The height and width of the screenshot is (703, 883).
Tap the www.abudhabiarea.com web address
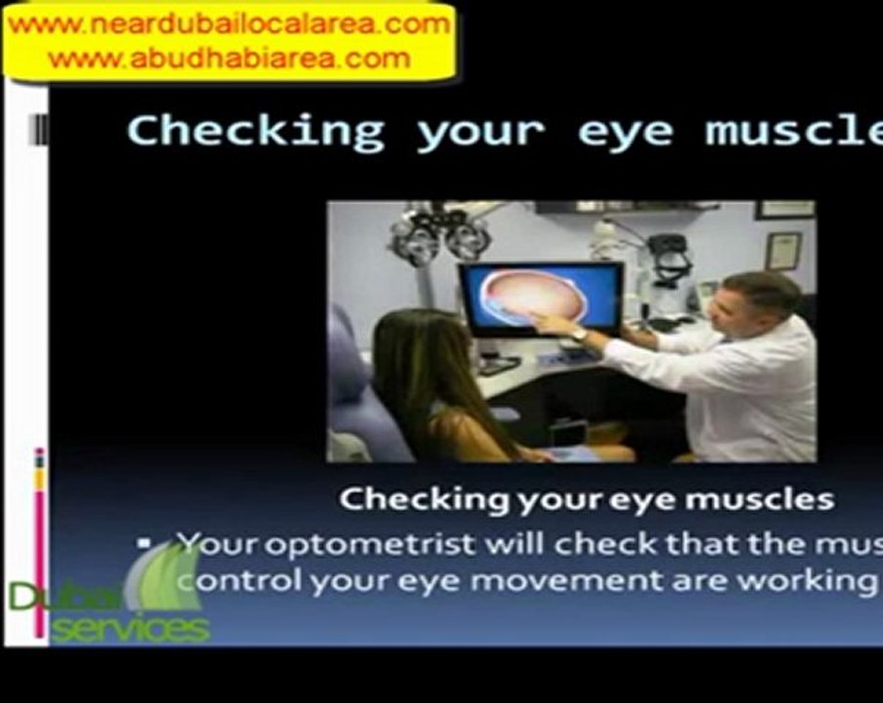pyautogui.click(x=229, y=59)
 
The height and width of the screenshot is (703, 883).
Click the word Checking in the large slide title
pyautogui.click(x=256, y=131)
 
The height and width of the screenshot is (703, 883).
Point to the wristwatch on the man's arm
pyautogui.click(x=580, y=334)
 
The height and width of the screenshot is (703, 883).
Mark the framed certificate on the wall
pyautogui.click(x=782, y=250)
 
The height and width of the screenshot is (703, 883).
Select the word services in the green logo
pyautogui.click(x=130, y=629)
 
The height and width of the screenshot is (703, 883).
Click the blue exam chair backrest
pyautogui.click(x=357, y=381)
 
